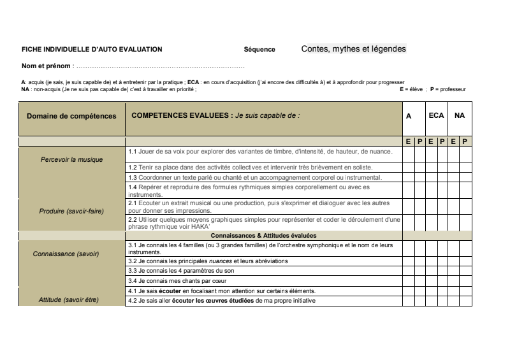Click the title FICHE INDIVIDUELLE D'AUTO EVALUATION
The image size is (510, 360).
[92, 49]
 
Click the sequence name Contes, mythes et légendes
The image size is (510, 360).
[353, 48]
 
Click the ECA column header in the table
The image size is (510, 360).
[436, 116]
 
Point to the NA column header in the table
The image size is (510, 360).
[460, 116]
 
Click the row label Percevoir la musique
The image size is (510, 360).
[71, 159]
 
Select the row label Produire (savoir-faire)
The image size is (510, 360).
[71, 211]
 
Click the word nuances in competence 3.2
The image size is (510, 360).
[221, 261]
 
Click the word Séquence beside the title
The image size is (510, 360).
[259, 49]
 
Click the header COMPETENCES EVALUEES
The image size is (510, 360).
[181, 116]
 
